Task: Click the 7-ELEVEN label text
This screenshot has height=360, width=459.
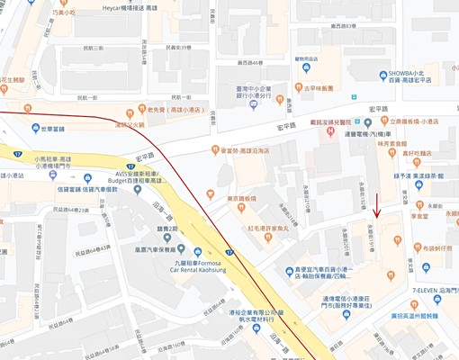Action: [x=430, y=291]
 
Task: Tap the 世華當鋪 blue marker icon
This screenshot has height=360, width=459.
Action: [x=36, y=128]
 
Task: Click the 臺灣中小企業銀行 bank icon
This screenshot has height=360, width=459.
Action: [x=254, y=104]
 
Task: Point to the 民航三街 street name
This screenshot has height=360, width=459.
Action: [x=85, y=48]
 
